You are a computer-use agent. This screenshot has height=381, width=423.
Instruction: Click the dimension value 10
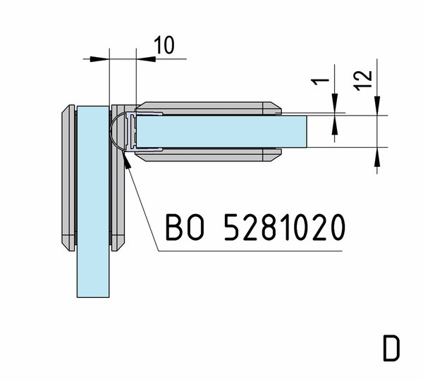(x=164, y=45)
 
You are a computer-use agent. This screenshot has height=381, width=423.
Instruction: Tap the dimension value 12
(x=363, y=80)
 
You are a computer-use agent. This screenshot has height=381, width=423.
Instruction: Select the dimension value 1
(x=320, y=81)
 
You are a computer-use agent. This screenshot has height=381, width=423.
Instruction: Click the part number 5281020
(x=285, y=227)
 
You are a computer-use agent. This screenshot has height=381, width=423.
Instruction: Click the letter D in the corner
(x=391, y=349)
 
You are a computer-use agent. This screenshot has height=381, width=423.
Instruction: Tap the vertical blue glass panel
(x=93, y=201)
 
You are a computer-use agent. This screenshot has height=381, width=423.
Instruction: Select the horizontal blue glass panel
(x=222, y=132)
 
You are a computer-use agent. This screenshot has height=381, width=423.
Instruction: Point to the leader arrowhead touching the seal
(x=126, y=160)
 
